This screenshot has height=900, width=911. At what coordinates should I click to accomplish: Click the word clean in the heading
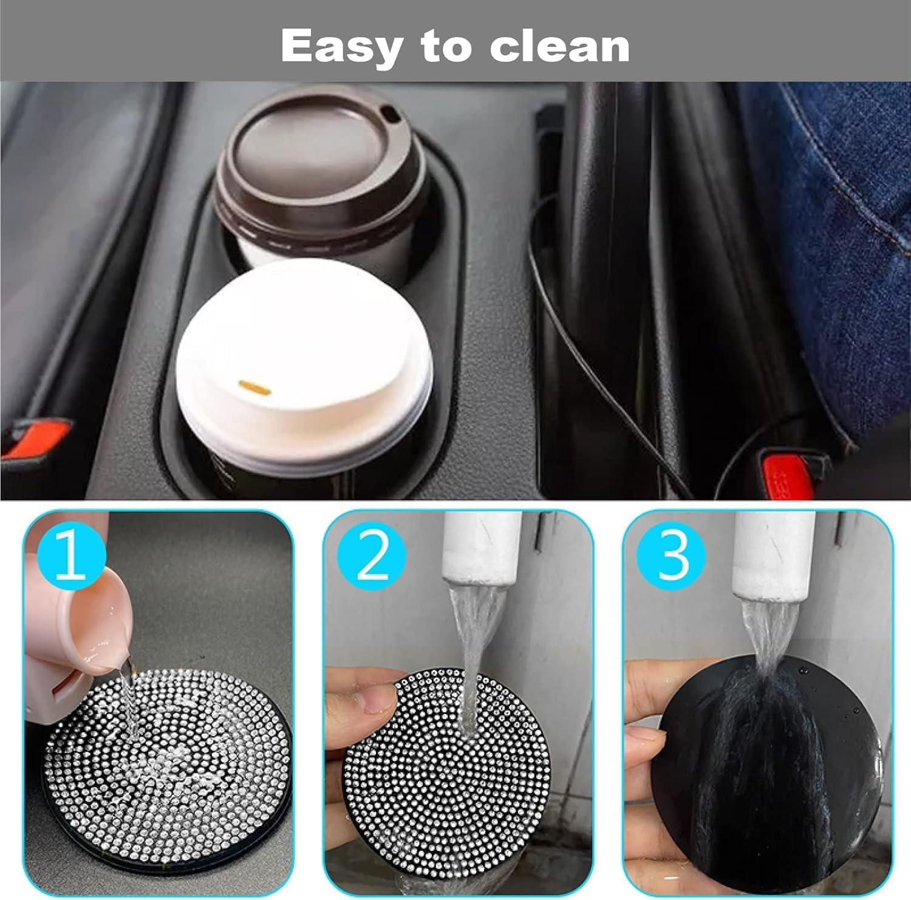pyautogui.click(x=559, y=47)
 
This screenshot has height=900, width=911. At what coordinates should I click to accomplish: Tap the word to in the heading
pyautogui.click(x=447, y=47)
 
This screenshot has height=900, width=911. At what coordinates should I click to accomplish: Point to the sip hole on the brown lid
pyautogui.click(x=388, y=113)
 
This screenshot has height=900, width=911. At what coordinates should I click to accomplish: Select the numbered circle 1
pyautogui.click(x=71, y=556)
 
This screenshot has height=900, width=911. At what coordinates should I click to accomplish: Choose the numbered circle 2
pyautogui.click(x=371, y=556)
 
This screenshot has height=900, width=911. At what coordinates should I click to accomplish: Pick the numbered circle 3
pyautogui.click(x=671, y=556)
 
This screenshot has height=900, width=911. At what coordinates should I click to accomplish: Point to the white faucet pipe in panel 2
pyautogui.click(x=482, y=544)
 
